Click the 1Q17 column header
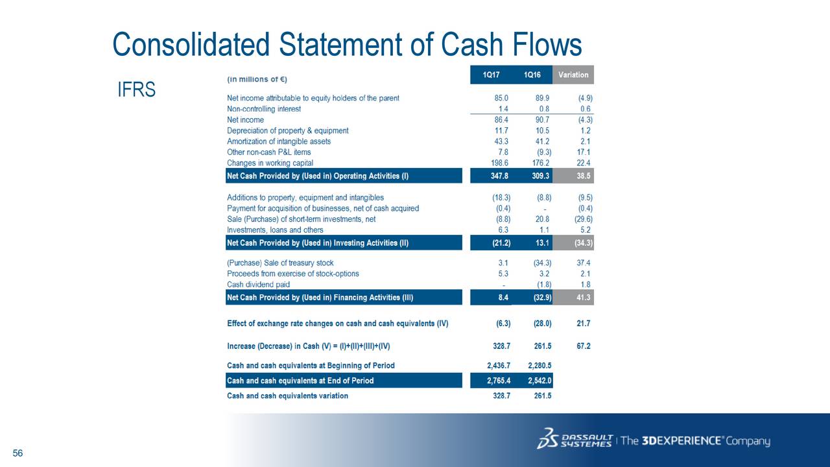(x=491, y=75)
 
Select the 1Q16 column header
(x=532, y=75)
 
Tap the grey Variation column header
(x=573, y=75)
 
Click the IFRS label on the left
(x=136, y=90)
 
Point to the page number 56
(x=18, y=453)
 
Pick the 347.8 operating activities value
(x=499, y=176)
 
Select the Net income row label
(x=245, y=120)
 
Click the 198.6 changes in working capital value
(x=499, y=163)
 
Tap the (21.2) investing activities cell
(x=501, y=243)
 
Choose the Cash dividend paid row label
(x=258, y=285)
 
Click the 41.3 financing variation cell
(x=583, y=298)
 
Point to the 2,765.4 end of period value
(x=499, y=381)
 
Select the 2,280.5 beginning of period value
(x=539, y=365)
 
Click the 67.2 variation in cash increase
(x=583, y=346)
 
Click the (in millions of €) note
(x=257, y=79)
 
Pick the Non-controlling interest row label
(x=264, y=109)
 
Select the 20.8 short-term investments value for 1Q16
(x=543, y=219)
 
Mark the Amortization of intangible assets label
(x=279, y=141)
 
